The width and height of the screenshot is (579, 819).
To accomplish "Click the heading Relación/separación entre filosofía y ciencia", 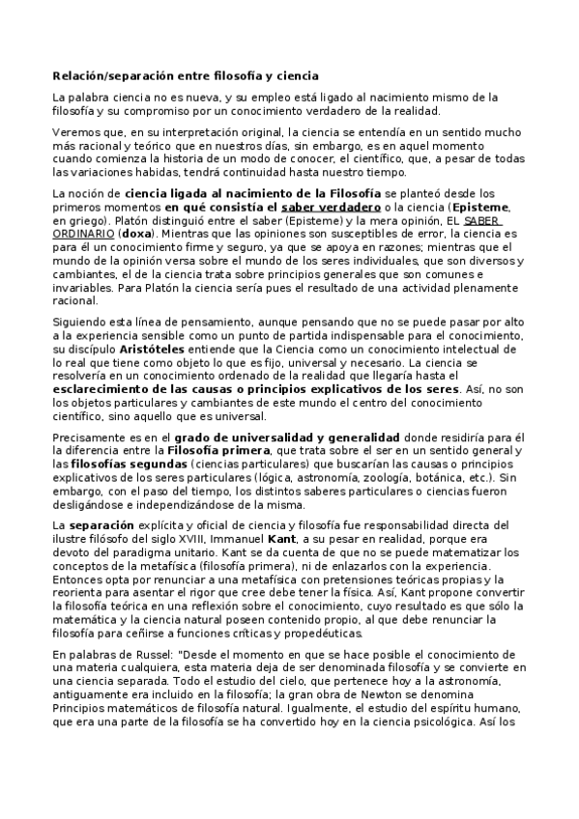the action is pos(185,74).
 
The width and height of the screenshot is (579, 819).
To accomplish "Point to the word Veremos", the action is pos(75,131).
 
